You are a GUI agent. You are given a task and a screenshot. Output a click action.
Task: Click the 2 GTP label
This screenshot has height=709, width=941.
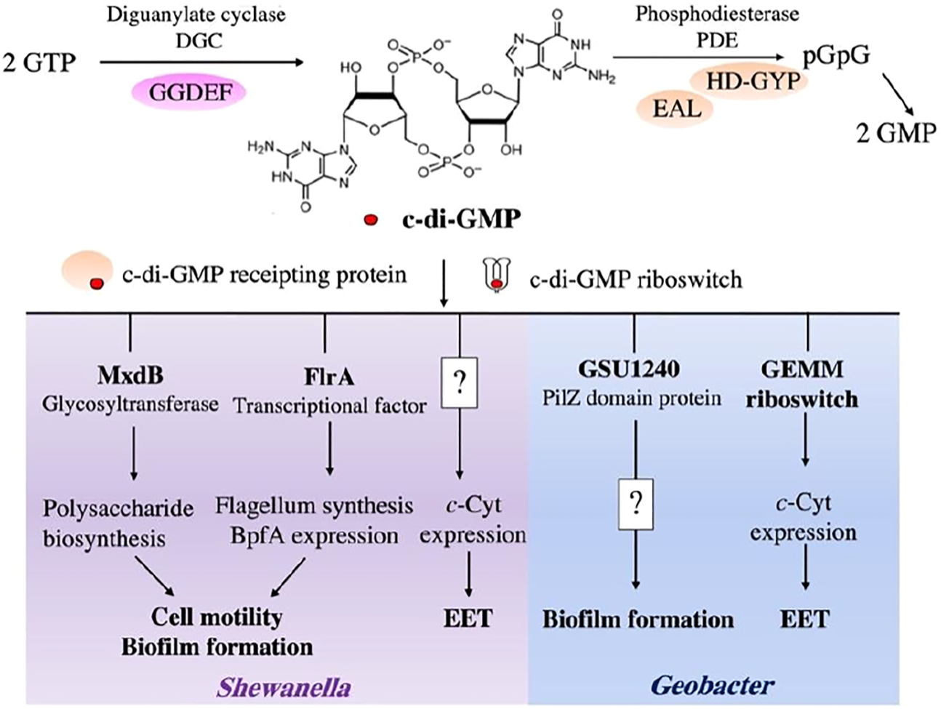[x=39, y=63]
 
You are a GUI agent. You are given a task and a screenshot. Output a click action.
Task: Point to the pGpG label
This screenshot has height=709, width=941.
[x=836, y=56]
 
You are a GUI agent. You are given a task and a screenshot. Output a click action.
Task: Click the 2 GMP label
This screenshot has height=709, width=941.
[x=895, y=134]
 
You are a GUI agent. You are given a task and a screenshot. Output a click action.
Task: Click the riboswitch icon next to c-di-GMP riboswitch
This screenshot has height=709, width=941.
[x=494, y=276]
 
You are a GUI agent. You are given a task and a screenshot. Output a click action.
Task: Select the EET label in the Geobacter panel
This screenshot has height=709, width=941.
[x=804, y=619]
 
